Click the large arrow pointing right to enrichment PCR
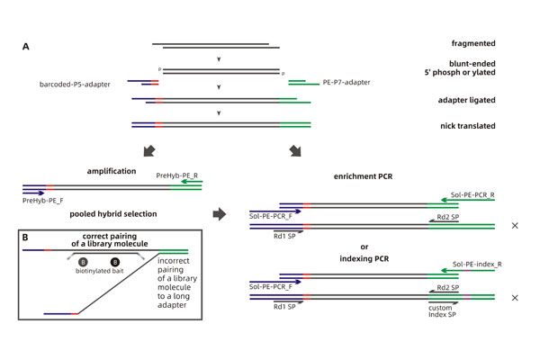click(220, 215)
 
